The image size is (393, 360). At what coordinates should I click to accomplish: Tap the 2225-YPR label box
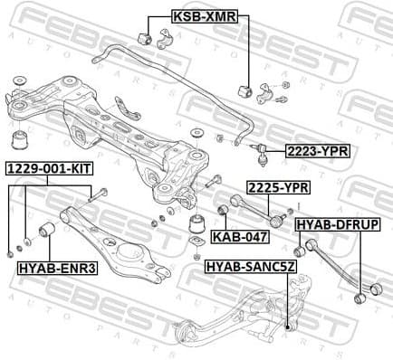point(278,187)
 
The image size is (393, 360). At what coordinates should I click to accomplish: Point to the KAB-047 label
point(240,237)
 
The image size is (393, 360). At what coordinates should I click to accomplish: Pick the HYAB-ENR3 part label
point(57,267)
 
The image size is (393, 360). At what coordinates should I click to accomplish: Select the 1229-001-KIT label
point(50,169)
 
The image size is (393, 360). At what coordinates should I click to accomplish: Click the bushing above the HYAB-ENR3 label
point(48,232)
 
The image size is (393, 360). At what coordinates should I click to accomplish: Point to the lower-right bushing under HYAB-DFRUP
point(360,297)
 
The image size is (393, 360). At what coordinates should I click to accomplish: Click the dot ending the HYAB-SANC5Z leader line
point(287,327)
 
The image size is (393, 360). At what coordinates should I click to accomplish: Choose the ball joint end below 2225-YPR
point(279,218)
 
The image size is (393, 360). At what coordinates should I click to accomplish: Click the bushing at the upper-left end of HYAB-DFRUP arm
point(302,250)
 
